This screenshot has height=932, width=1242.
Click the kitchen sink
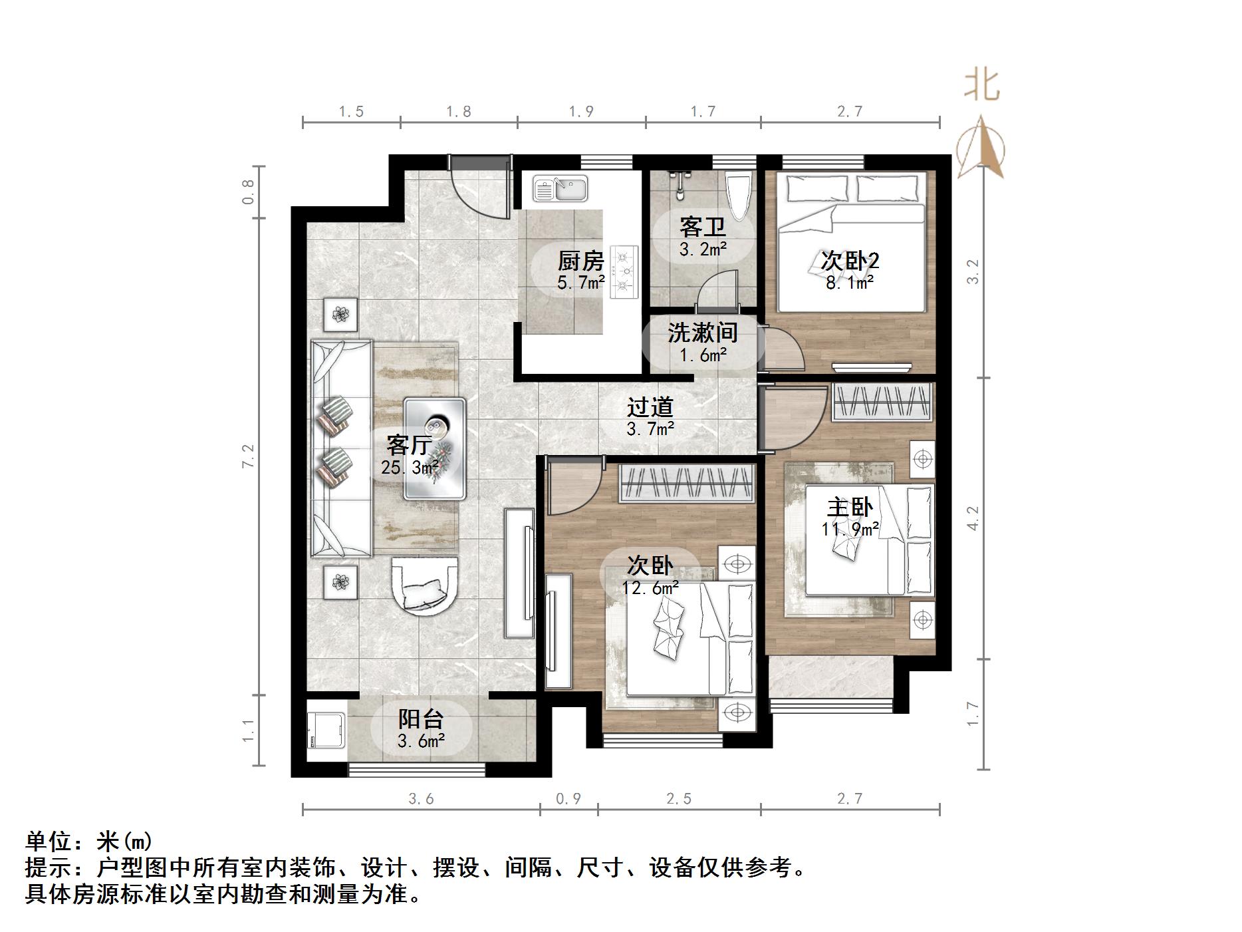[x=560, y=188]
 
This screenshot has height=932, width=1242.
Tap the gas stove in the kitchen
[x=624, y=271]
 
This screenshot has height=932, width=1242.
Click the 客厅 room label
[x=410, y=444]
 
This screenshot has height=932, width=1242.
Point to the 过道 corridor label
[x=650, y=407]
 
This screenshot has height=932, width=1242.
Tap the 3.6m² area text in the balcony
[x=421, y=740]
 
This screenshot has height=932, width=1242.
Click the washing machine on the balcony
[x=326, y=737]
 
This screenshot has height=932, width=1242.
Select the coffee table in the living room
[x=435, y=448]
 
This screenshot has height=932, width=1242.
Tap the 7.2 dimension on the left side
[x=249, y=456]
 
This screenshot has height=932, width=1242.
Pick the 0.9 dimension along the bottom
[x=568, y=798]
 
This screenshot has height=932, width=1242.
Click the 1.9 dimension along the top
[x=581, y=112]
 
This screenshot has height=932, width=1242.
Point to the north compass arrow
[x=981, y=148]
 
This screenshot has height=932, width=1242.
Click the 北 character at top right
[x=982, y=85]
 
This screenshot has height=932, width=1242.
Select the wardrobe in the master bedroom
[x=882, y=402]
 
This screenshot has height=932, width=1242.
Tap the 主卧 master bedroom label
[x=849, y=508]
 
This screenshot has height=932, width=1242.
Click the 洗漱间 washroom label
[x=702, y=333]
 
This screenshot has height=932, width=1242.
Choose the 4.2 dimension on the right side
[x=972, y=518]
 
